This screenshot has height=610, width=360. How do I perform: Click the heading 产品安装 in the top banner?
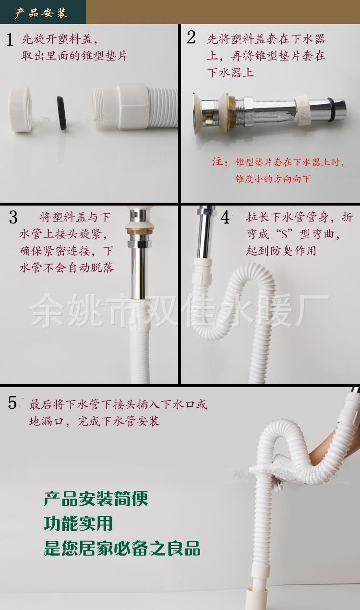[41, 13]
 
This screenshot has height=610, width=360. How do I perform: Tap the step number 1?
[10, 39]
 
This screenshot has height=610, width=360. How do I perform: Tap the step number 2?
[192, 37]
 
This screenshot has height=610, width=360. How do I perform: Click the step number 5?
[12, 403]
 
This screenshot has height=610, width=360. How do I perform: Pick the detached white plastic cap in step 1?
[20, 110]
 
